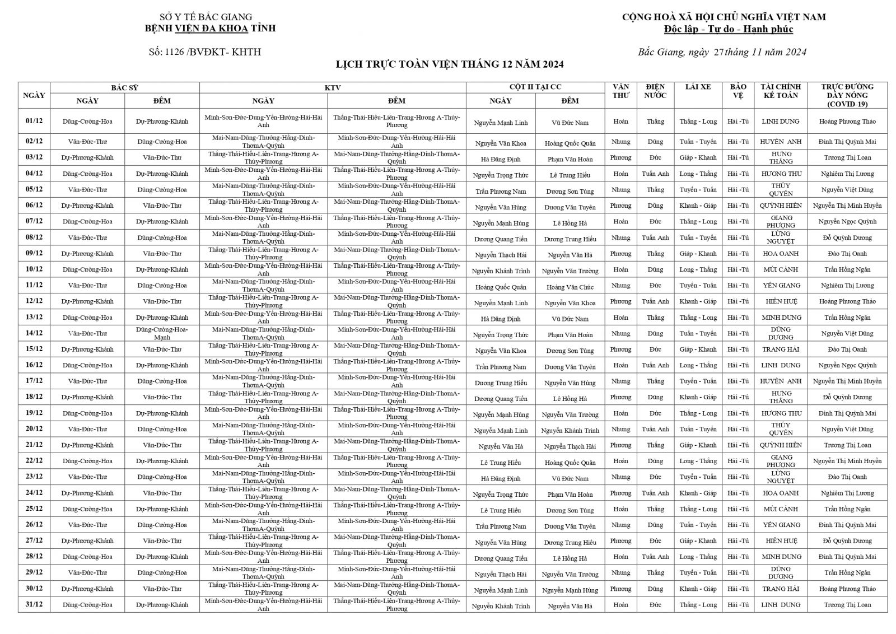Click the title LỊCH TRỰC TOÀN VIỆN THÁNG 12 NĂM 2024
449,64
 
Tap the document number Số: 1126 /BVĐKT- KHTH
204,52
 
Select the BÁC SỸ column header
124,87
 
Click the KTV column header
332,87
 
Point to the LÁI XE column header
698,87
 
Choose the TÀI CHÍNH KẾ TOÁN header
781,91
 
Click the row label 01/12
34,121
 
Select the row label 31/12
34,604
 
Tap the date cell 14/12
34,333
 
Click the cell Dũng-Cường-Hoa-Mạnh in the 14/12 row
162,333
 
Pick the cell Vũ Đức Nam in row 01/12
570,123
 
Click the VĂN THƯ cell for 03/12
620,157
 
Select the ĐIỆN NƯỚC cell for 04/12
655,174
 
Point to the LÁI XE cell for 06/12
698,206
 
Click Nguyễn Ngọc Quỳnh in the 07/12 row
847,222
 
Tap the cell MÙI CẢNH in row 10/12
781,269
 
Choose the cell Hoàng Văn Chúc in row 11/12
570,287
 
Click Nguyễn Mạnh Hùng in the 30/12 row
570,590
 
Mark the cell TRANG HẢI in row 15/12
781,349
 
